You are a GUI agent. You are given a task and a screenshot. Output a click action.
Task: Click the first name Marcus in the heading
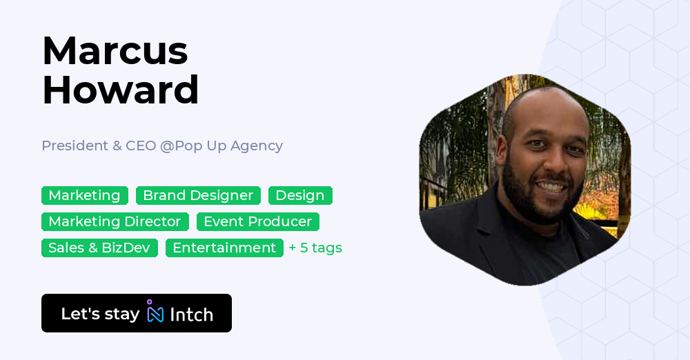pyautogui.click(x=115, y=51)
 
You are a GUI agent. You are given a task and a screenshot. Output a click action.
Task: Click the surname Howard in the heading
pyautogui.click(x=120, y=90)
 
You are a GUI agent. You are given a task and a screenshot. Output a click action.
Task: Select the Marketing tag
pyautogui.click(x=84, y=196)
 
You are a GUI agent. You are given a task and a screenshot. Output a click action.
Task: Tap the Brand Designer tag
pyautogui.click(x=198, y=196)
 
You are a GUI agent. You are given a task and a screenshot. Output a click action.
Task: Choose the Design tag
pyautogui.click(x=300, y=196)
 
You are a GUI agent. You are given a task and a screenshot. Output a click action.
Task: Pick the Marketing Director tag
pyautogui.click(x=115, y=222)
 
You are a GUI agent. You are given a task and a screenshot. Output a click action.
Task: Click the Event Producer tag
pyautogui.click(x=258, y=222)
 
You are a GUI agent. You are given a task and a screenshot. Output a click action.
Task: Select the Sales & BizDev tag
pyautogui.click(x=99, y=248)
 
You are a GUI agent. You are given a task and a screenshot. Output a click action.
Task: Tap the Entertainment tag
pyautogui.click(x=224, y=248)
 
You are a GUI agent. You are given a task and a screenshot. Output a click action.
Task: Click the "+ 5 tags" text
pyautogui.click(x=315, y=248)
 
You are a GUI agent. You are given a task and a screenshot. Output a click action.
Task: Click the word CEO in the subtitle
pyautogui.click(x=141, y=146)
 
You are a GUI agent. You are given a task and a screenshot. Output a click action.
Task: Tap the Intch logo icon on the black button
pyautogui.click(x=155, y=312)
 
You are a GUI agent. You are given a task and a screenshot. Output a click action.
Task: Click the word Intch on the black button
pyautogui.click(x=191, y=314)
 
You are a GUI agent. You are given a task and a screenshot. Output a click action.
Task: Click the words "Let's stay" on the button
pyautogui.click(x=100, y=314)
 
